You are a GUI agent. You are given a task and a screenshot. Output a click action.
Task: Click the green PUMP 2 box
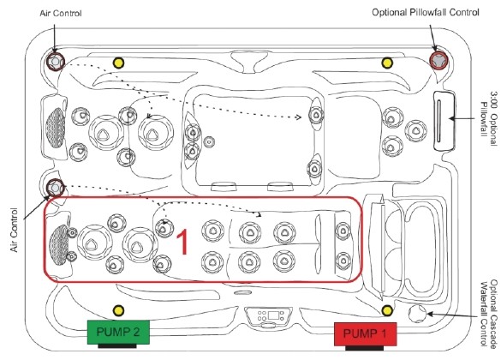[118, 333]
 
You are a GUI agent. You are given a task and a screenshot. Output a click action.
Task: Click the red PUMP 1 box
[365, 334]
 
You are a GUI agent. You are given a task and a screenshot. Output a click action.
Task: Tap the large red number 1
[182, 242]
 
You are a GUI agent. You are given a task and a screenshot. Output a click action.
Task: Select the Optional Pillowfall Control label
[426, 13]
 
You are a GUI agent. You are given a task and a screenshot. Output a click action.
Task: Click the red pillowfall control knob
[438, 60]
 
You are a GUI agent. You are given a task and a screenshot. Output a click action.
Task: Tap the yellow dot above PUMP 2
[118, 310]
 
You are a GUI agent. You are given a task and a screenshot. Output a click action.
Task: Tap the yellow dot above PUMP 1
[387, 310]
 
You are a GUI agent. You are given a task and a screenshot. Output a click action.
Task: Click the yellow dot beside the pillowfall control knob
[387, 63]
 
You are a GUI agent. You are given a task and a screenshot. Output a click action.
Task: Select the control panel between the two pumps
[269, 317]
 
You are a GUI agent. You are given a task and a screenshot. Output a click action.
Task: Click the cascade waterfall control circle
[417, 314]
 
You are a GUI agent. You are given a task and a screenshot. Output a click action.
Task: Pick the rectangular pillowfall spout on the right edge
[444, 121]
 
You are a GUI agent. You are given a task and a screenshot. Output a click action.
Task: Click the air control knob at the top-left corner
[56, 62]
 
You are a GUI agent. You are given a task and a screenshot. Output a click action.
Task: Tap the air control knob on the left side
[56, 188]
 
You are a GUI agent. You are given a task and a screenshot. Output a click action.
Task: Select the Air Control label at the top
[61, 14]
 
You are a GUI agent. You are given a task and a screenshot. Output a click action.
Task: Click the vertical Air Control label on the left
[14, 230]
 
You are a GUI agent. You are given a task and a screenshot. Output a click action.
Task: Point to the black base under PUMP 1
[365, 348]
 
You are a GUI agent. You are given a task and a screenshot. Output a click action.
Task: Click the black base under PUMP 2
[117, 346]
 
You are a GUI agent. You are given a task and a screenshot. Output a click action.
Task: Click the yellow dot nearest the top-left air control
[118, 63]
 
